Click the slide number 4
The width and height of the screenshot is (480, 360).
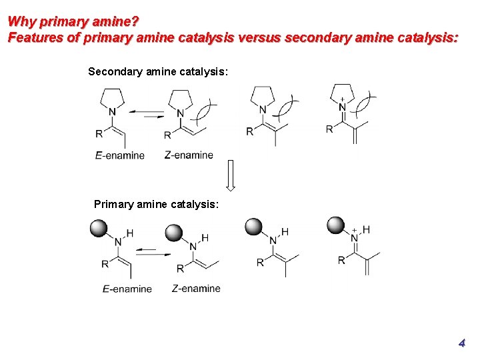pos(461,343)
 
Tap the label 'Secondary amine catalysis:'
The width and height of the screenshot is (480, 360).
pos(158,71)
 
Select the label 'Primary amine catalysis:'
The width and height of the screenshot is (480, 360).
pos(156,204)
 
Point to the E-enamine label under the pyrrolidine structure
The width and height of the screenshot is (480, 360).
pos(120,155)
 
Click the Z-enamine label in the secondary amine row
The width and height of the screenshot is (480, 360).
pos(189,155)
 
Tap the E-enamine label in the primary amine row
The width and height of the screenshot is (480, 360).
pos(127,289)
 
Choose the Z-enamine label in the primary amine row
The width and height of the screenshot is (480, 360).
pos(196,288)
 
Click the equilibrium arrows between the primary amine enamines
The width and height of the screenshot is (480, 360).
pos(154,253)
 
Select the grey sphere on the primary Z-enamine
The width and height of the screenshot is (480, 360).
pos(173,232)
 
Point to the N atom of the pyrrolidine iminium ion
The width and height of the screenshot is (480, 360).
pos(343,107)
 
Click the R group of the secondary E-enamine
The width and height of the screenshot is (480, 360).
pos(99,133)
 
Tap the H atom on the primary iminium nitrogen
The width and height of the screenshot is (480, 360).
pos(366,230)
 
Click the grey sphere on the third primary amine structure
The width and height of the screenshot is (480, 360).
pos(254,227)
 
